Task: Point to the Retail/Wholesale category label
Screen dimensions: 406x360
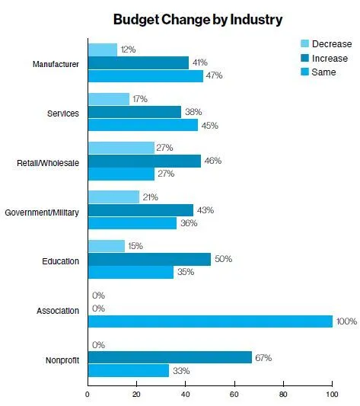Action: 48,162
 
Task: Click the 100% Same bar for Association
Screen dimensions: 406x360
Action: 210,321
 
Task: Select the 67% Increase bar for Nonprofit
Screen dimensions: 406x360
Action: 170,357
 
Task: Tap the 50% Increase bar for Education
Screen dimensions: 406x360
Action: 149,259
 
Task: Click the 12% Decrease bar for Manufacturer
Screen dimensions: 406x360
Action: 102,50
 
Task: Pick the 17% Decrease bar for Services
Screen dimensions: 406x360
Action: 108,99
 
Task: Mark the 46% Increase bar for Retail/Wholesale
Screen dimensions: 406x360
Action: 144,161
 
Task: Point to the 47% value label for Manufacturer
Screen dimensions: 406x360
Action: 215,76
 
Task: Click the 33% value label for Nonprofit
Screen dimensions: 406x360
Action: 181,371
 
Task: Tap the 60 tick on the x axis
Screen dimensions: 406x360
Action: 234,394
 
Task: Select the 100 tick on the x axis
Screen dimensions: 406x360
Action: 332,394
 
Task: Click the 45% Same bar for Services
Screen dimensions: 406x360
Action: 142,125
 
